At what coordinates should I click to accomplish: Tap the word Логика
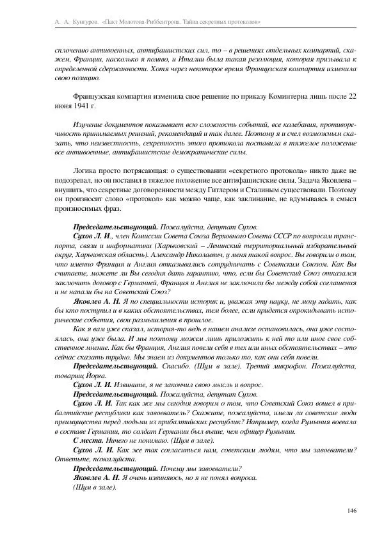click(88, 172)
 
